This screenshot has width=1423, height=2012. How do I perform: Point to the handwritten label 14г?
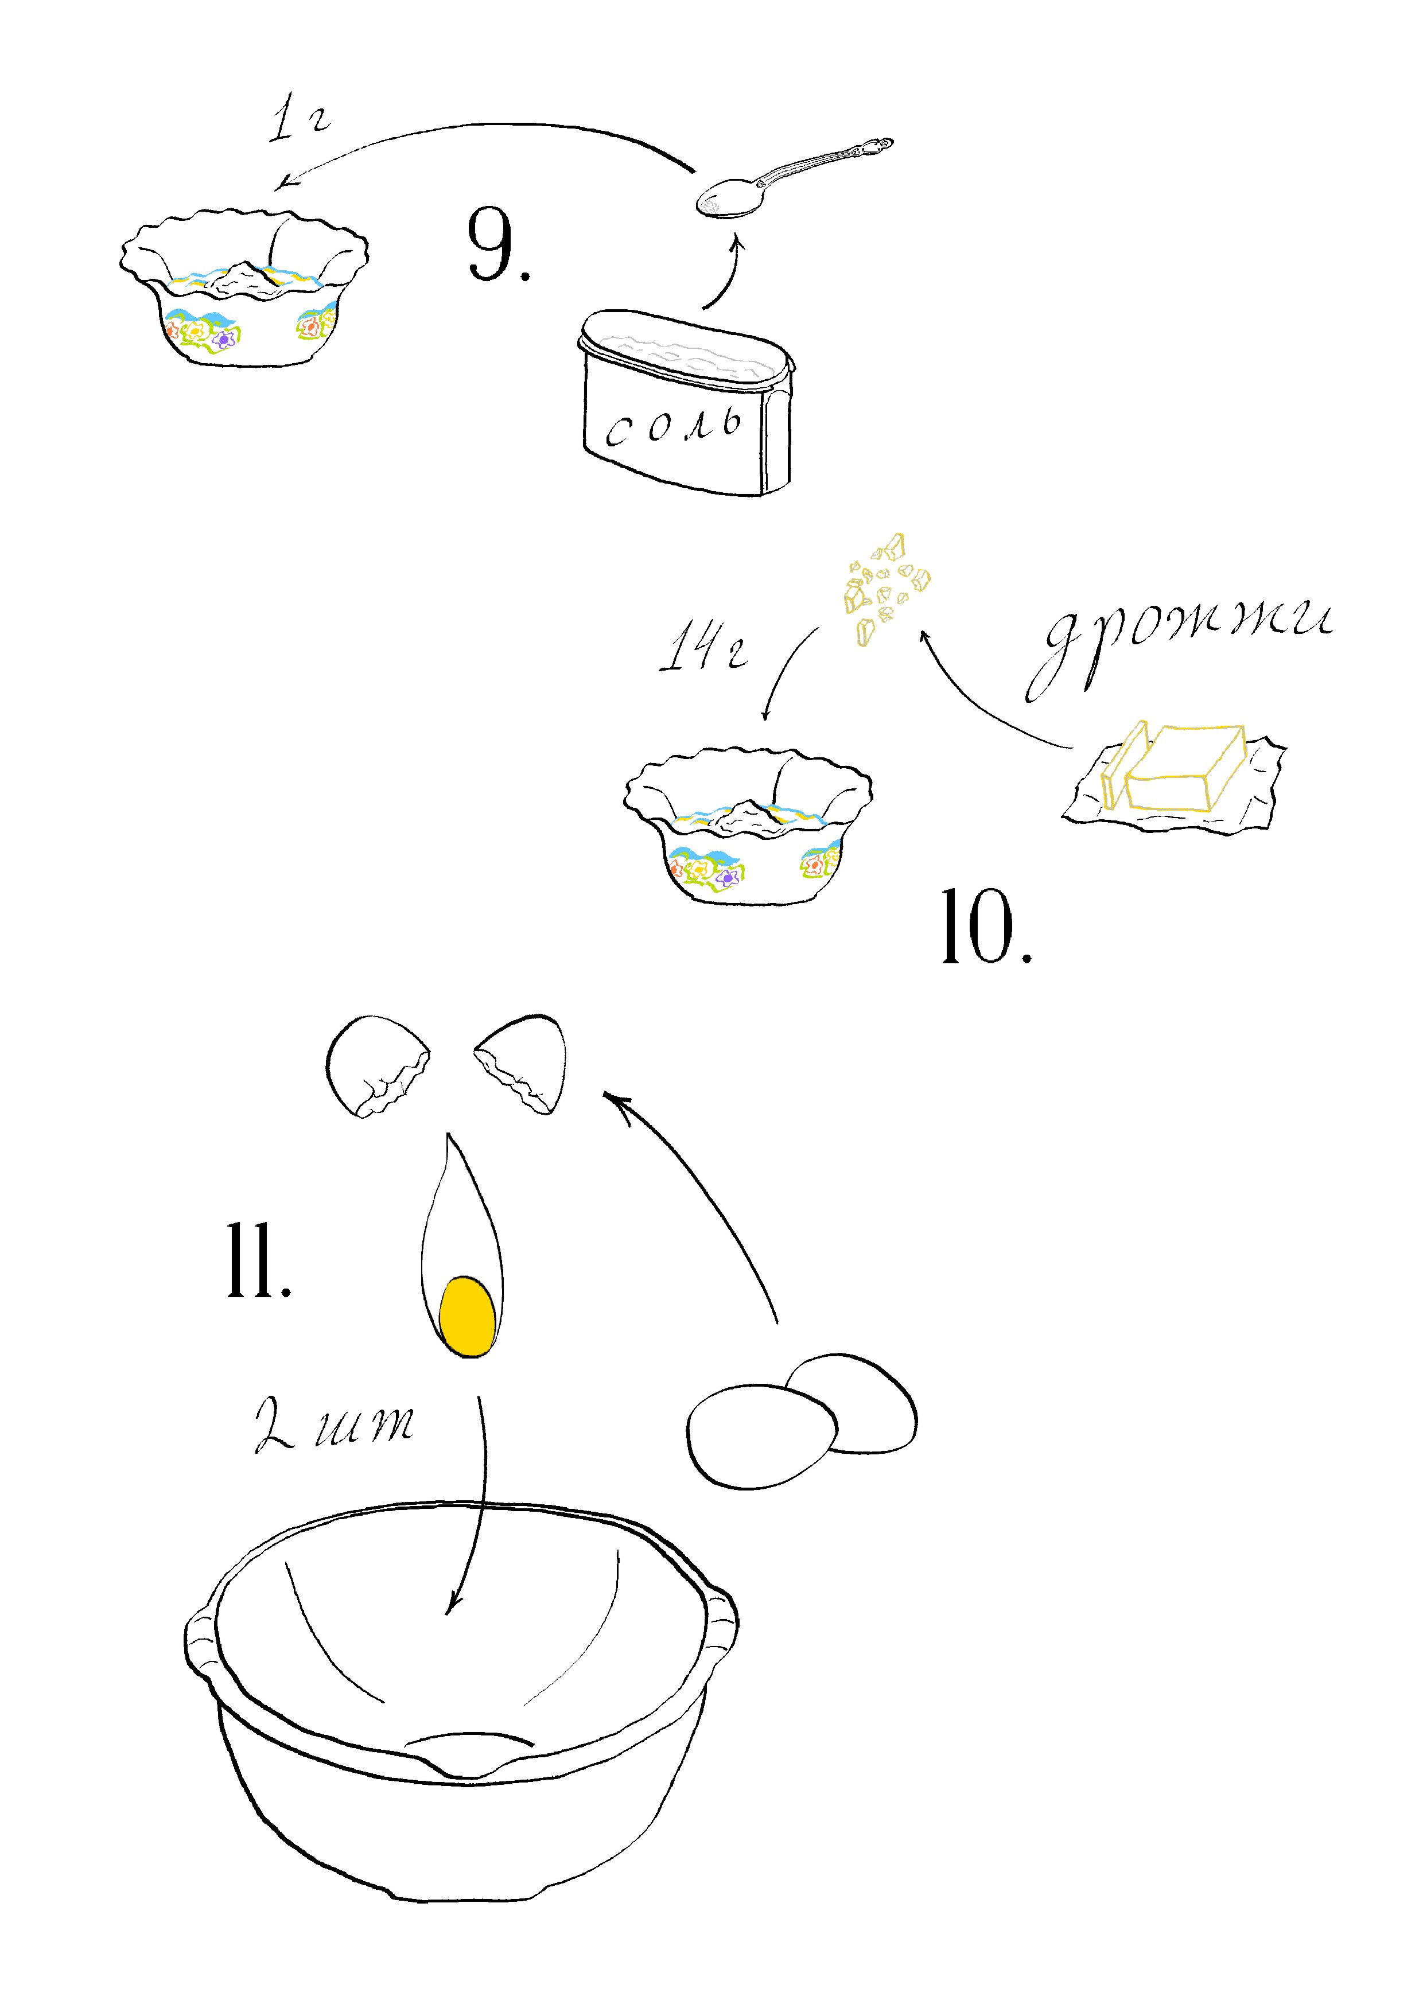[703, 648]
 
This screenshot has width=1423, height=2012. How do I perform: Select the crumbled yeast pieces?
[885, 585]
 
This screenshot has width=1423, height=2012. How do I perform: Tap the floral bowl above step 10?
[748, 826]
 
